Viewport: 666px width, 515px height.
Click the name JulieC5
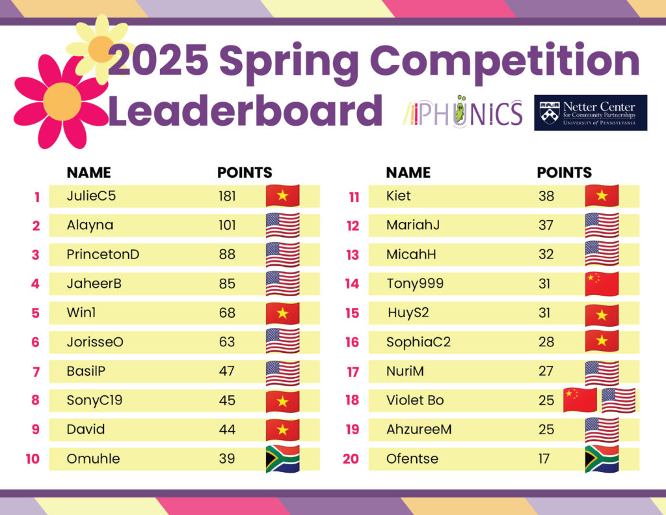point(91,196)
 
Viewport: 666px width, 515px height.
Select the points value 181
point(227,196)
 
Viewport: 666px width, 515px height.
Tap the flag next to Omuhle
point(282,458)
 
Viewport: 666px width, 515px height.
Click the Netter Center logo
point(591,113)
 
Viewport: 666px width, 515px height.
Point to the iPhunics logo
point(462,112)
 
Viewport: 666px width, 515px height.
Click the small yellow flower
point(101,49)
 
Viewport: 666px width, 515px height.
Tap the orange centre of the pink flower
point(62,102)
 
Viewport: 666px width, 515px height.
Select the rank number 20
point(351,459)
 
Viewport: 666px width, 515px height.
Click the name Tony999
point(415,284)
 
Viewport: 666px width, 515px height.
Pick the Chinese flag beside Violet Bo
point(579,400)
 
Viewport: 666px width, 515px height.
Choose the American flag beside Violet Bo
point(619,400)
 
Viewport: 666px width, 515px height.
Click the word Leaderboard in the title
point(245,111)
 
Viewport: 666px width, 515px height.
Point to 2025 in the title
point(158,60)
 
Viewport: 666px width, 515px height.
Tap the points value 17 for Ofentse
point(544,459)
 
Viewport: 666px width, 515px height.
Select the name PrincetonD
point(103,255)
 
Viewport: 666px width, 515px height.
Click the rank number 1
point(37,197)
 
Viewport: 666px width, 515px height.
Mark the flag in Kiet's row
point(602,195)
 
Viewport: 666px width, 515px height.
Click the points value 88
point(227,255)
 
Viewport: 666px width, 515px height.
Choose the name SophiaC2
point(418,342)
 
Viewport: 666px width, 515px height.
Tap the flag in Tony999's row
point(602,284)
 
